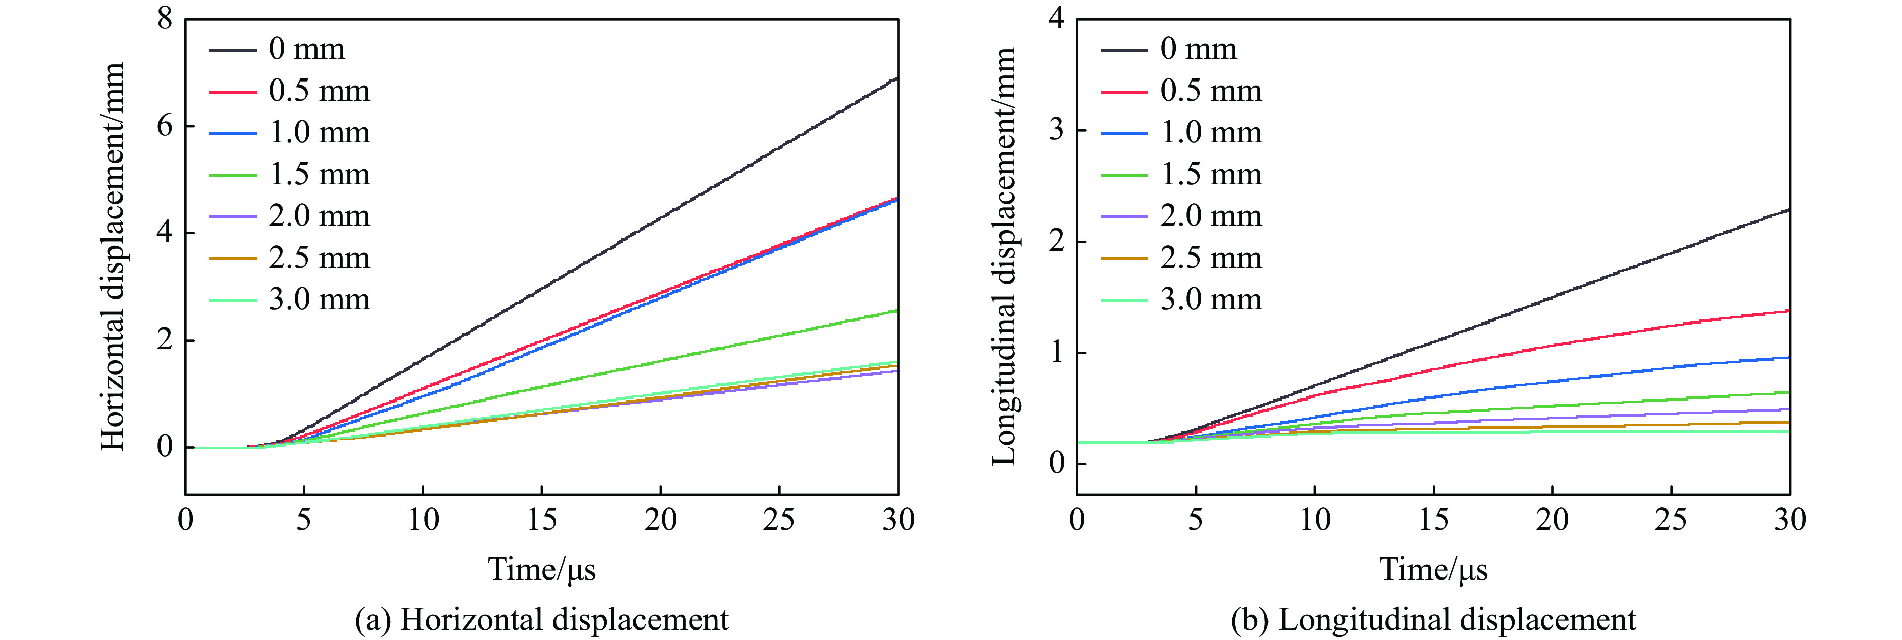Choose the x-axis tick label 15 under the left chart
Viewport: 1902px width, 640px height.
point(542,520)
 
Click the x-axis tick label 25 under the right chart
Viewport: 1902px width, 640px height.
point(1671,520)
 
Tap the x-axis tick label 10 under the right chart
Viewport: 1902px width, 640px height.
point(1315,520)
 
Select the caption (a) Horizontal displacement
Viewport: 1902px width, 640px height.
point(541,620)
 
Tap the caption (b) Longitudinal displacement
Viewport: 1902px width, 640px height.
point(1433,620)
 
